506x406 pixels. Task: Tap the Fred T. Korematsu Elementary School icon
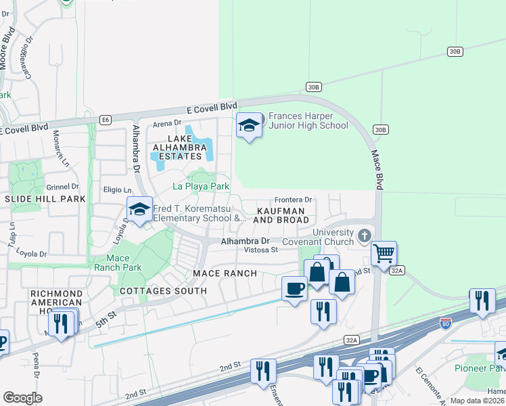(x=139, y=210)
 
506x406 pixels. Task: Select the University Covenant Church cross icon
(x=365, y=236)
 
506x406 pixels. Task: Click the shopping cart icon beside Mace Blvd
(x=384, y=254)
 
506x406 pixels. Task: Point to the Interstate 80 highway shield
(x=445, y=323)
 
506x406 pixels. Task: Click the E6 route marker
(x=105, y=120)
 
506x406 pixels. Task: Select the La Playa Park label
(x=201, y=186)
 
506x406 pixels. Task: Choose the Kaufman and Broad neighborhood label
(x=281, y=216)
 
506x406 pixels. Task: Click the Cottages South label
(x=163, y=291)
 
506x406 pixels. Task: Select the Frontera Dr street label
(x=293, y=200)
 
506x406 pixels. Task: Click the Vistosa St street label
(x=261, y=250)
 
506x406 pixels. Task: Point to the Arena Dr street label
(x=168, y=123)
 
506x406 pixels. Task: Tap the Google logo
(x=22, y=398)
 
